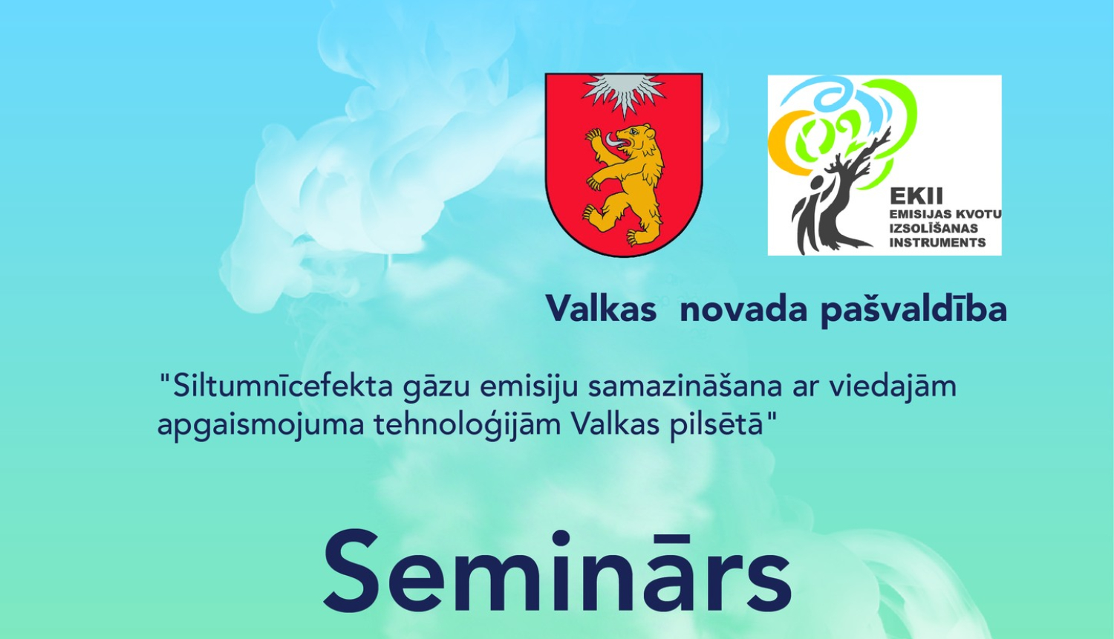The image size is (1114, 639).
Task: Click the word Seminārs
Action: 557,572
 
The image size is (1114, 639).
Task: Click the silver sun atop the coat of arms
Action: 624,93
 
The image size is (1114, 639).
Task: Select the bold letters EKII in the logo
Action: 916,196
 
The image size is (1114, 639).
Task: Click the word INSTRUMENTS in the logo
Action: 937,242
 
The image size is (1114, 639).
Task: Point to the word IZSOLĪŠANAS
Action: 934,228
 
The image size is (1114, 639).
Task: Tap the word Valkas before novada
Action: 601,308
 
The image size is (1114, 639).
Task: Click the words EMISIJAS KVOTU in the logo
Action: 945,214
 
